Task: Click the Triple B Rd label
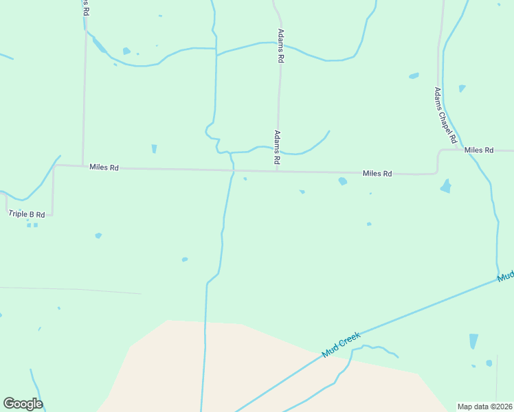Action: click(x=27, y=214)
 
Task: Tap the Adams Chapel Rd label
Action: click(x=445, y=115)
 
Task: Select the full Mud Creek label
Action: click(x=342, y=345)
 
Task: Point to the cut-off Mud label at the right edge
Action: click(x=506, y=276)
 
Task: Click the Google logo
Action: click(x=23, y=404)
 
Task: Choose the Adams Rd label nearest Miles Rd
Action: click(x=277, y=147)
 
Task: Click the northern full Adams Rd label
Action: click(x=280, y=47)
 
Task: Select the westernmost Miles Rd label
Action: click(x=104, y=167)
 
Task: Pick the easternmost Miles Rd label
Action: click(x=479, y=150)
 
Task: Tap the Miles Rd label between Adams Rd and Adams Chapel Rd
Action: click(x=377, y=174)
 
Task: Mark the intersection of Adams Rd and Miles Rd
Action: click(x=277, y=170)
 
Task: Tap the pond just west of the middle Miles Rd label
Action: click(x=342, y=181)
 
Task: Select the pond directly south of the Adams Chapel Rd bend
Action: click(x=446, y=185)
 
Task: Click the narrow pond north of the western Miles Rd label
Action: click(x=154, y=148)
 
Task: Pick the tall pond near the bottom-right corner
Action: click(x=473, y=341)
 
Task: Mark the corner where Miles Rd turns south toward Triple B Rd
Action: click(x=54, y=165)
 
